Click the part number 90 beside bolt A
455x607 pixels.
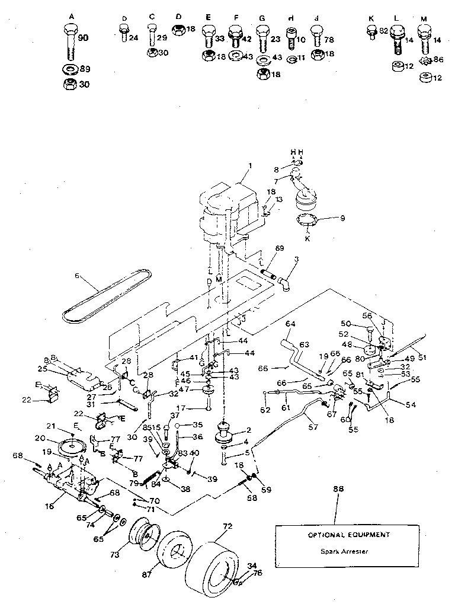[83, 38]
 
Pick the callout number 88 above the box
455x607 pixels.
[338, 488]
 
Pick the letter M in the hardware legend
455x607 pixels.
[424, 19]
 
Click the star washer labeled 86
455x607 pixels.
[424, 60]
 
